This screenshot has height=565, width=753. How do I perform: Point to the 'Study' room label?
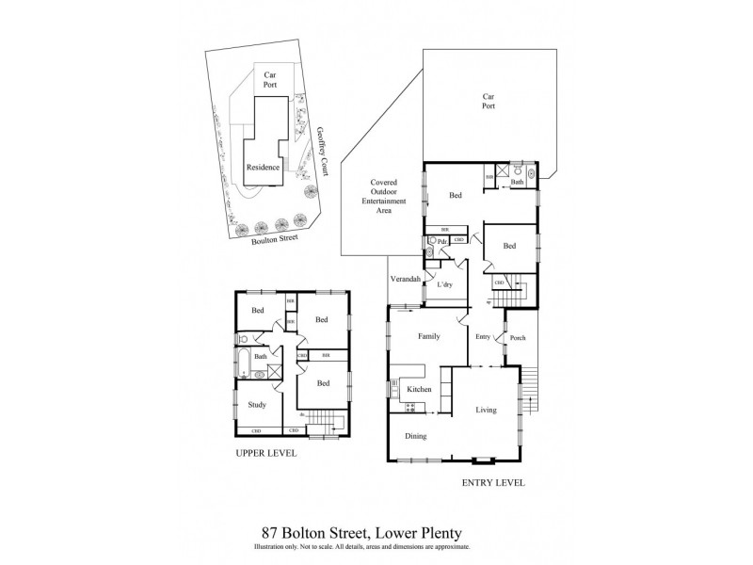(257, 405)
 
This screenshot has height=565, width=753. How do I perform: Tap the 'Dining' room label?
(415, 435)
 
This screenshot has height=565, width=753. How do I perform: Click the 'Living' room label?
(485, 410)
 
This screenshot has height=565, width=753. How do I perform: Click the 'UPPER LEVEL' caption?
(266, 453)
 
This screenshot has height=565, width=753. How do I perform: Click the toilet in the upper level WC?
(243, 338)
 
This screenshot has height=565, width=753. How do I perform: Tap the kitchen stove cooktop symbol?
(409, 407)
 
